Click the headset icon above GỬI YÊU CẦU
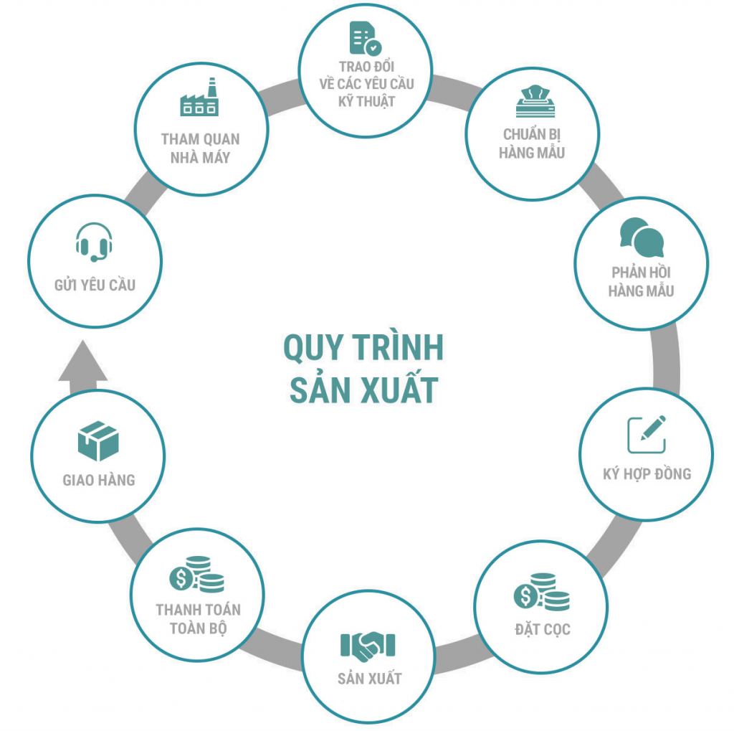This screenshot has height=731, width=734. (94, 242)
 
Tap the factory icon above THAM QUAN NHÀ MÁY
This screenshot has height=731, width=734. (199, 97)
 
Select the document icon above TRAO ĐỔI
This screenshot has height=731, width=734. (366, 39)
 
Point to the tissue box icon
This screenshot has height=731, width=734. (535, 101)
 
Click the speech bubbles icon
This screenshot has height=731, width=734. (642, 237)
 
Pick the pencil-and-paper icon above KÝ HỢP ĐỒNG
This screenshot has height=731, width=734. (646, 435)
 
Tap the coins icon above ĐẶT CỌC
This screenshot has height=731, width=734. (542, 591)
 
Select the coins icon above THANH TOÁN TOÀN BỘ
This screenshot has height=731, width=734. (196, 574)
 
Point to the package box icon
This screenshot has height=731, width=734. (98, 441)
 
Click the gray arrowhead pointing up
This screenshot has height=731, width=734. (83, 360)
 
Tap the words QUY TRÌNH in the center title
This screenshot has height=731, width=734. (363, 347)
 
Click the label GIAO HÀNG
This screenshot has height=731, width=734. (99, 480)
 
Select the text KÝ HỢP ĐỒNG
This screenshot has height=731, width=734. (647, 473)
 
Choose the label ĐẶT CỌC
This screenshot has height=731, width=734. (543, 629)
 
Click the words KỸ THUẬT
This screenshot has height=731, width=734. (366, 101)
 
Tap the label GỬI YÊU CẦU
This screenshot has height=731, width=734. (95, 284)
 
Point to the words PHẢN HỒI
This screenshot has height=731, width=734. (641, 272)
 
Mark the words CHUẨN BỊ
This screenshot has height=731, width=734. (532, 134)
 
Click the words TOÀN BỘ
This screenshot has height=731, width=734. (199, 628)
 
